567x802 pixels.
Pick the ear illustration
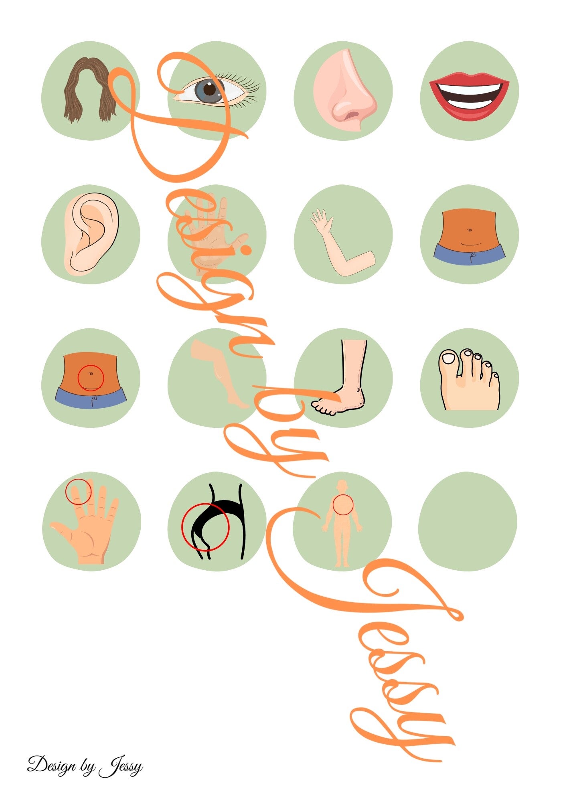click(x=91, y=233)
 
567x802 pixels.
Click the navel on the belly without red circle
click(x=470, y=230)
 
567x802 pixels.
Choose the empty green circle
click(x=468, y=521)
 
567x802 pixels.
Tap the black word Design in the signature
click(x=52, y=765)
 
